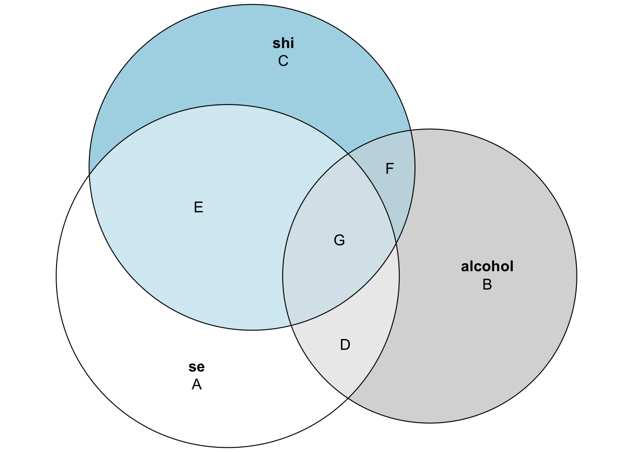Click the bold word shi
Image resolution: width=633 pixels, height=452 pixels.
coord(283,43)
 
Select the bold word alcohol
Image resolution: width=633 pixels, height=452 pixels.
coord(487,266)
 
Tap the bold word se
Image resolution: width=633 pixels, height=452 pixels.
coord(197,367)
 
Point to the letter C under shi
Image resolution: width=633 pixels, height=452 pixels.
coord(283,61)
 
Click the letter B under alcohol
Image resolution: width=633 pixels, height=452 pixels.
coord(487,284)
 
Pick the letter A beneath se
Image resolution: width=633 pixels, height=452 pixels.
coord(197,385)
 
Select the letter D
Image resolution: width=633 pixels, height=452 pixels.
coord(345,345)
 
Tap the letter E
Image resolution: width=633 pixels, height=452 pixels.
coord(198,207)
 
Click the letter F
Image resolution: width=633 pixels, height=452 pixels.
coord(390,169)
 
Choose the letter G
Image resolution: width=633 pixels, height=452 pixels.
coord(340,240)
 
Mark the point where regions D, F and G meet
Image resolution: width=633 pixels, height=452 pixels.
coord(396,243)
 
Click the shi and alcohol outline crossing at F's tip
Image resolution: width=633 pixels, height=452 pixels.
coord(411,130)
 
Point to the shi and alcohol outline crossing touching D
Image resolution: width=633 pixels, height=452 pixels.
coord(291,325)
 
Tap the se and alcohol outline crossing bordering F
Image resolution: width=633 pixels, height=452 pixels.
coord(348,154)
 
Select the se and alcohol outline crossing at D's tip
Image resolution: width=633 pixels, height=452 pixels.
coord(348,398)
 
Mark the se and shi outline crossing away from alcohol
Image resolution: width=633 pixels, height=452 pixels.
coord(89,175)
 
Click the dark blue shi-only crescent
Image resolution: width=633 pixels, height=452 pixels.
coord(252,56)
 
